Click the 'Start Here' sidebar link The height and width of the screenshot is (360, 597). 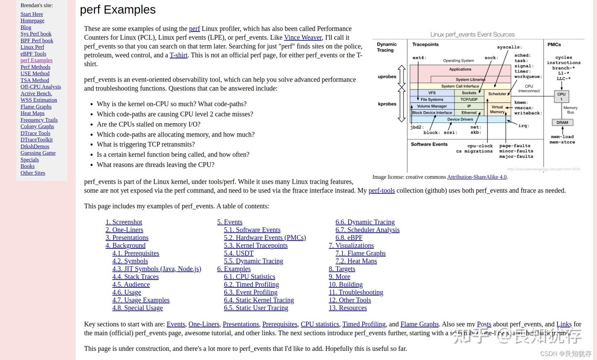[32, 14]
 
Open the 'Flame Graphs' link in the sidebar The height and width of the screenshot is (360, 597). [36, 107]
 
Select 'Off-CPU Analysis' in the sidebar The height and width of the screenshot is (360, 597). [41, 87]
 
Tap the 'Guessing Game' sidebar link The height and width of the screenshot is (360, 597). [38, 153]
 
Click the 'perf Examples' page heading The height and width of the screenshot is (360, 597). [118, 10]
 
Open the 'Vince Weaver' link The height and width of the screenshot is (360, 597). [303, 37]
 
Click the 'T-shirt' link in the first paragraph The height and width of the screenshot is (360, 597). [178, 55]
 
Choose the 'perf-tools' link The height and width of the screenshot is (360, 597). [381, 190]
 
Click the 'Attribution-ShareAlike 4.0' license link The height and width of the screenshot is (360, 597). [477, 177]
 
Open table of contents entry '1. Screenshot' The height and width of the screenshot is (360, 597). [124, 222]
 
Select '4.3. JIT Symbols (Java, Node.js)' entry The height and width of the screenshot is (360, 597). [156, 269]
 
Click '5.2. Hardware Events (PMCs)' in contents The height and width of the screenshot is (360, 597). [265, 238]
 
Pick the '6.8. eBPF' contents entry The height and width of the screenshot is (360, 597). [349, 238]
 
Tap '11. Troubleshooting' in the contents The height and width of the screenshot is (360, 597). [356, 292]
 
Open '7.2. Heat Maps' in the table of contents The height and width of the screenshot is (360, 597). [356, 261]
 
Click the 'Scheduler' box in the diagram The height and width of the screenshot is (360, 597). [497, 94]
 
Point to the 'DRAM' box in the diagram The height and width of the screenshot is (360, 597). [562, 122]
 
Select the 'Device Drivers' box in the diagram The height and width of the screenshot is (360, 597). [460, 119]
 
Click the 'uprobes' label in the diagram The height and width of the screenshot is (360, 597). [387, 77]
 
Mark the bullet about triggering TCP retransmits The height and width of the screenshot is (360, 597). [146, 144]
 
